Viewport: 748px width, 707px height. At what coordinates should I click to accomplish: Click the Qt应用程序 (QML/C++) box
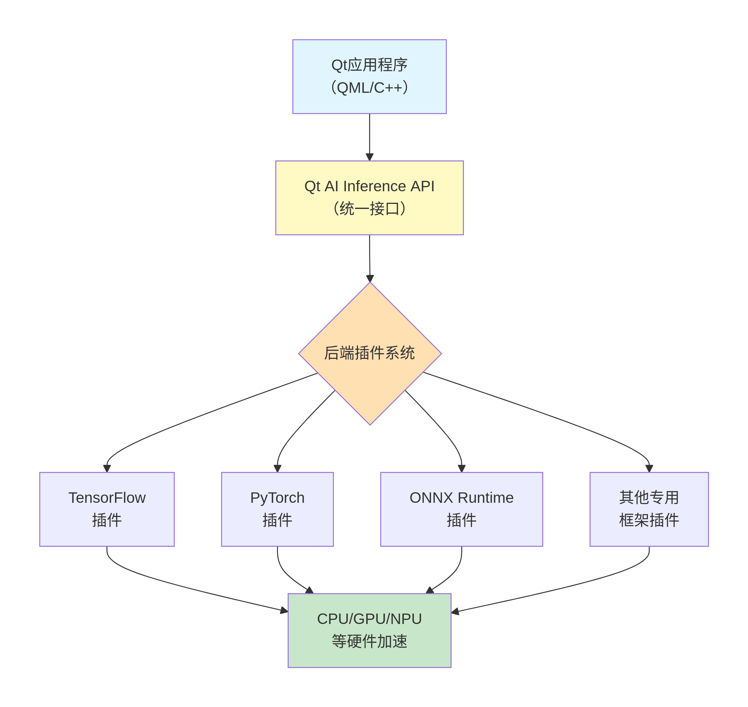[369, 76]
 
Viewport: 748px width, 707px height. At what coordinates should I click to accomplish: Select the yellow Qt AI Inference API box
[369, 198]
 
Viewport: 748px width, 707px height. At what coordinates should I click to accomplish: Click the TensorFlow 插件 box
[107, 509]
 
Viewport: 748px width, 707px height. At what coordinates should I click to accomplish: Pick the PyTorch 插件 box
[277, 509]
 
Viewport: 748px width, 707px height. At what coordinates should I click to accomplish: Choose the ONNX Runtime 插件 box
[462, 509]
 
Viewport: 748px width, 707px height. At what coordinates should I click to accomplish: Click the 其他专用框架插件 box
[649, 509]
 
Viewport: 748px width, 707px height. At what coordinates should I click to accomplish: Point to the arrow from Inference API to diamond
[369, 258]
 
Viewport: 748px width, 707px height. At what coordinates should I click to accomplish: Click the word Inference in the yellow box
[374, 186]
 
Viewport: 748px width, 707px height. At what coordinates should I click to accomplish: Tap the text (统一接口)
[369, 209]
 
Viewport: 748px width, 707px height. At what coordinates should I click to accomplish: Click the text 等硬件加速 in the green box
[369, 641]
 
